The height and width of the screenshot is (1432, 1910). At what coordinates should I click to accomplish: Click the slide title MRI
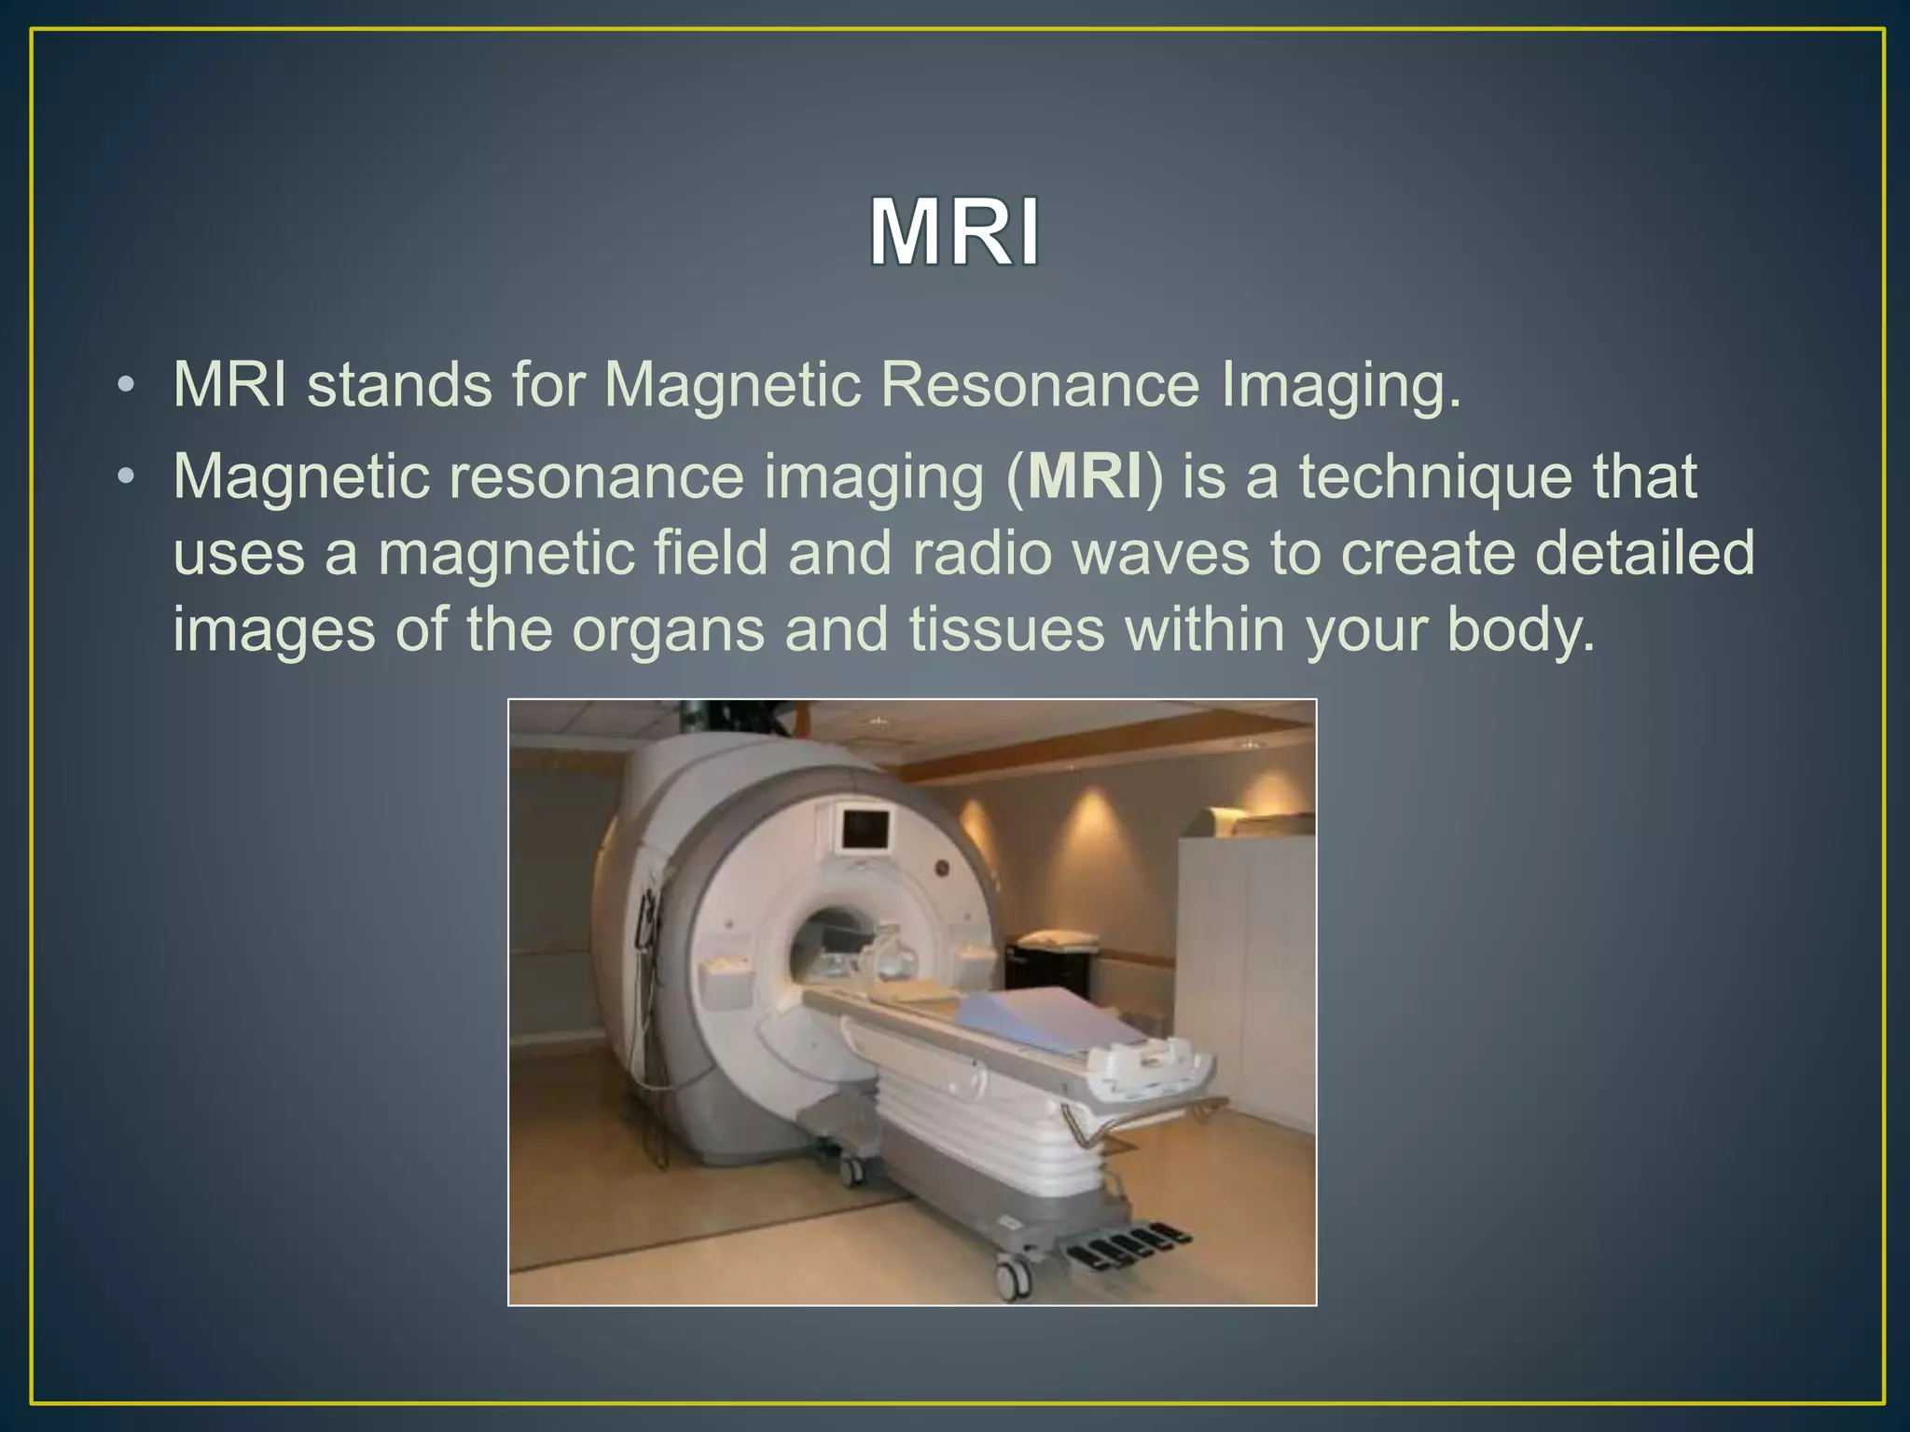tap(954, 233)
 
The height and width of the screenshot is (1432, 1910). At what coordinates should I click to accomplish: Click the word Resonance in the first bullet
tap(1039, 384)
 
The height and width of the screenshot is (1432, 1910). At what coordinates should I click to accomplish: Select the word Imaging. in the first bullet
tap(1340, 384)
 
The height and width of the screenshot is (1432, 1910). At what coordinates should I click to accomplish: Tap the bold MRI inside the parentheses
tap(1085, 476)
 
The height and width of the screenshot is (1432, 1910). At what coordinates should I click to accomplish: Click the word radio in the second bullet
tap(981, 553)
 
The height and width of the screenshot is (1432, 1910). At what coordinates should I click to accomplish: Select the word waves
tap(1159, 553)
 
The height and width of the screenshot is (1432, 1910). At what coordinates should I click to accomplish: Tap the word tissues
tap(1006, 629)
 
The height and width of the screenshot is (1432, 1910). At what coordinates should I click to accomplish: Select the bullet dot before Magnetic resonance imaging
tap(127, 477)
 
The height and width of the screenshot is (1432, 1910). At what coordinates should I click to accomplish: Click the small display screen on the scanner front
tap(865, 829)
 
